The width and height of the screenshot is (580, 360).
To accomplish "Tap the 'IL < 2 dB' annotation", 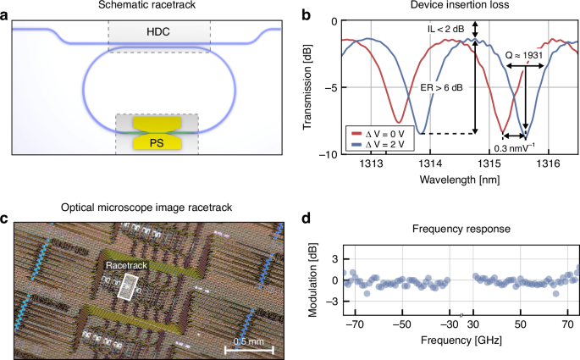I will click(x=445, y=30).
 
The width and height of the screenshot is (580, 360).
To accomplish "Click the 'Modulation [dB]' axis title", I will click(x=311, y=280).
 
